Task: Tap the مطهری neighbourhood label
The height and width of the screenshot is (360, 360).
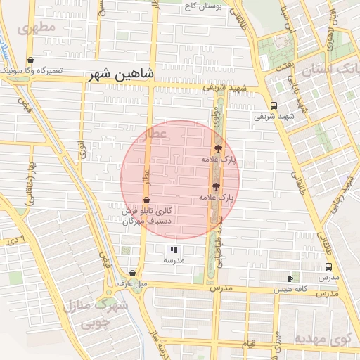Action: (x=39, y=30)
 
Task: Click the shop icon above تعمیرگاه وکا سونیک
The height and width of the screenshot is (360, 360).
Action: (x=30, y=60)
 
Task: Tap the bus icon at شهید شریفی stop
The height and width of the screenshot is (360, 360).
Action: (x=274, y=106)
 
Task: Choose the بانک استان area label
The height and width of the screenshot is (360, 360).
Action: (x=330, y=70)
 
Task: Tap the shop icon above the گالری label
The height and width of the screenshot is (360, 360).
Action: (x=146, y=200)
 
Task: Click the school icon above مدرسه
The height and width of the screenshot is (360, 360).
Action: (x=174, y=250)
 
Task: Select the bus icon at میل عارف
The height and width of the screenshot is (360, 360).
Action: (x=132, y=273)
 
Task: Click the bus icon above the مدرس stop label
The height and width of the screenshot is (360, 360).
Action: (x=328, y=267)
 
